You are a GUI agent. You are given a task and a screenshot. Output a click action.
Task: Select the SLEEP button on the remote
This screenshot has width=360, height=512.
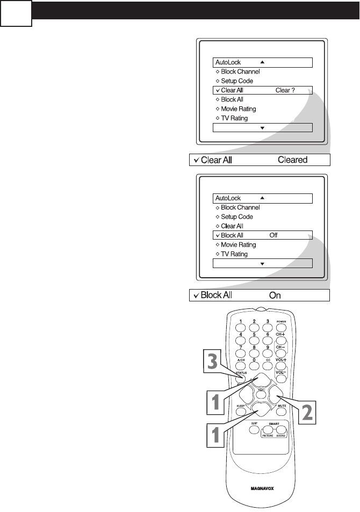click(241, 412)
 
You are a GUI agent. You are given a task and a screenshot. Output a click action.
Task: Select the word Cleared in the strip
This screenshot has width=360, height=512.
click(292, 160)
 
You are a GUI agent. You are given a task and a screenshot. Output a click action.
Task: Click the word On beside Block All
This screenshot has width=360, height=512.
click(275, 295)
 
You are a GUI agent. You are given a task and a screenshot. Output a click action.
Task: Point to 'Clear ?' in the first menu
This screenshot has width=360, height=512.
click(285, 90)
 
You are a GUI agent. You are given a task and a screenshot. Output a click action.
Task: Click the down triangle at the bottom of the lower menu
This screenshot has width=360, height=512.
click(262, 264)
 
